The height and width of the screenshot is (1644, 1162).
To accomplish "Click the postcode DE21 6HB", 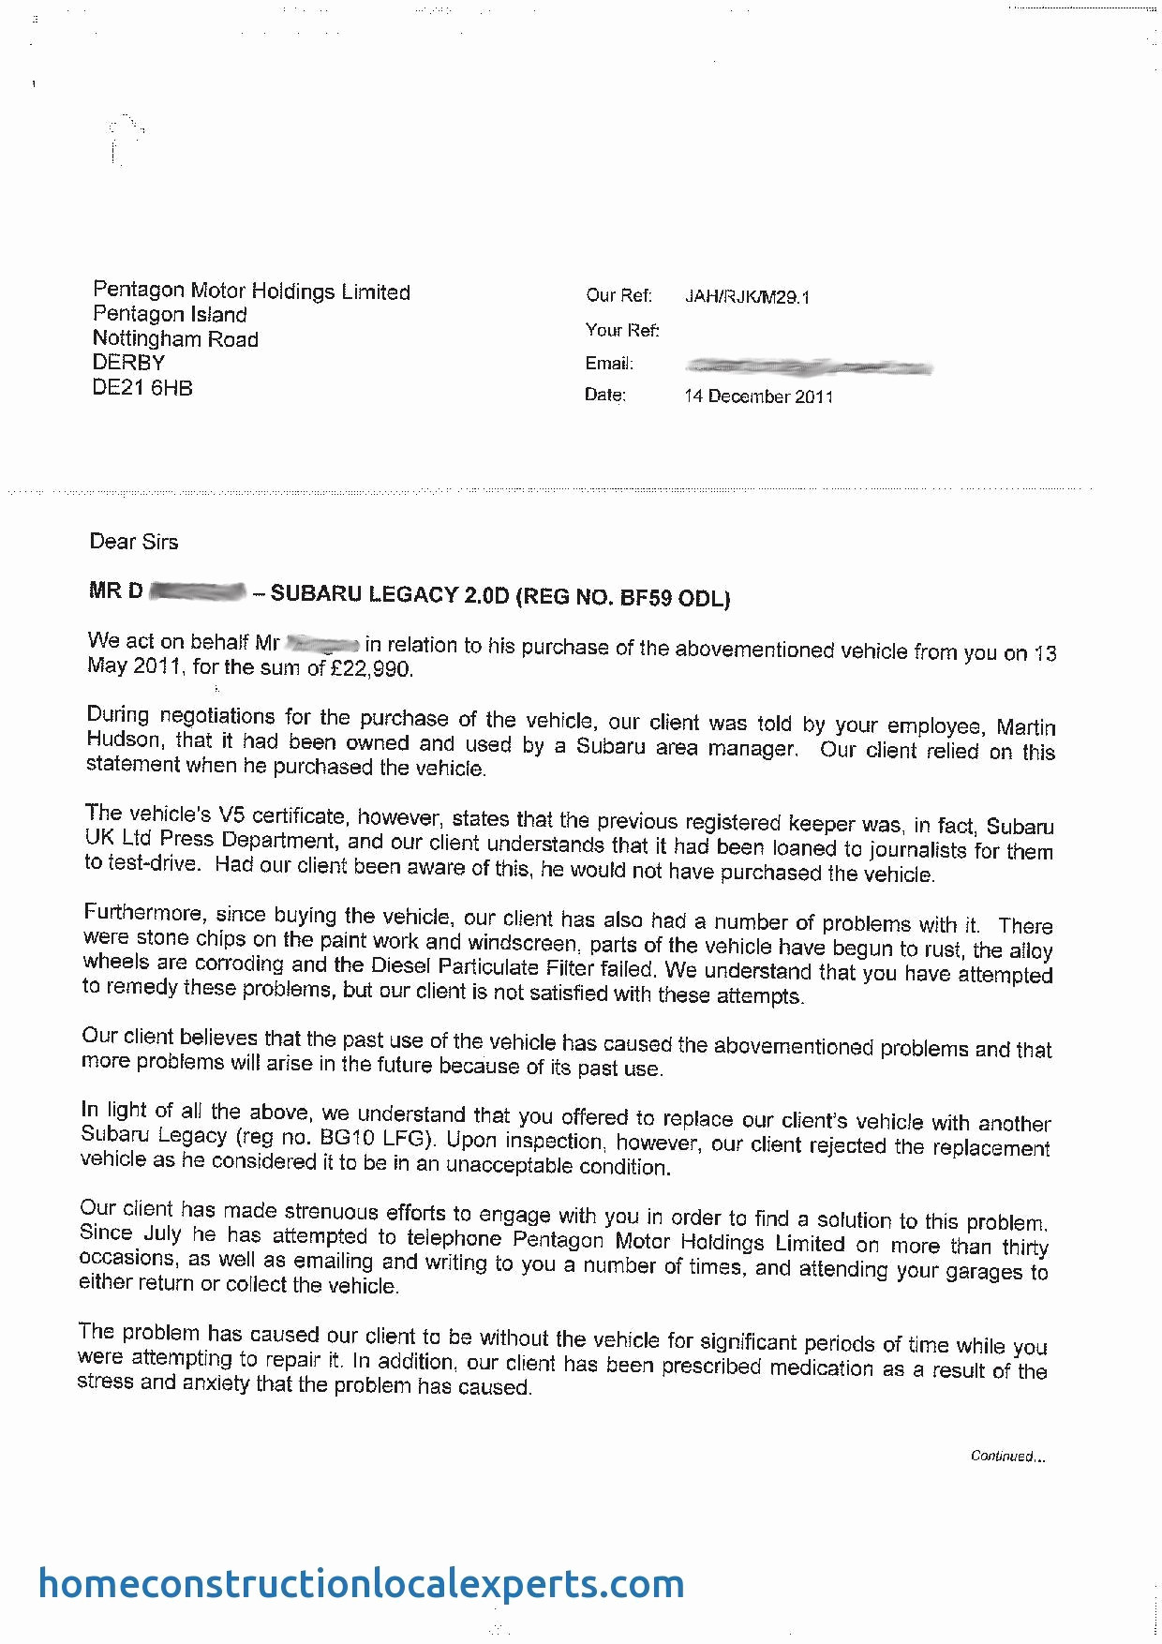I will click(x=142, y=388).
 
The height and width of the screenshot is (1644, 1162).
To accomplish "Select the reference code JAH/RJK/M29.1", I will click(x=747, y=297).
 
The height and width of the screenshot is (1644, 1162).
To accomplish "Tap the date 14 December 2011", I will click(x=758, y=396).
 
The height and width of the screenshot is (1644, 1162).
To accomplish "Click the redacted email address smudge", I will click(x=808, y=366).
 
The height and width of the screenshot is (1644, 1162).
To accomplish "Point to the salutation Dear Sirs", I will click(x=133, y=542).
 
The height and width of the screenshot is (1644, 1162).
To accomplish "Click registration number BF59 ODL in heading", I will click(x=675, y=598).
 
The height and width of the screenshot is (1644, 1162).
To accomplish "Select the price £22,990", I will click(x=371, y=669).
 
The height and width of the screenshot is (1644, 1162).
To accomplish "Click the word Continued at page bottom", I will click(x=1004, y=1456).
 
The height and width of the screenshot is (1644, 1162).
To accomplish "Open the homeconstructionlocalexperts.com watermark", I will click(x=361, y=1583).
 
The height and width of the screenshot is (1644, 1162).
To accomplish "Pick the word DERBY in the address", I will click(x=128, y=363).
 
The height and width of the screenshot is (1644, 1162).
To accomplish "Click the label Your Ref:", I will click(x=622, y=330).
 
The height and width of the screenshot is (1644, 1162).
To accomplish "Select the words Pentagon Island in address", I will click(x=170, y=315).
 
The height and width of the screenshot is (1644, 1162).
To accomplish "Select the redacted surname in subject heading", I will click(x=198, y=591).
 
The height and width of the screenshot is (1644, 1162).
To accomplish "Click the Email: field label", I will click(x=609, y=364).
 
